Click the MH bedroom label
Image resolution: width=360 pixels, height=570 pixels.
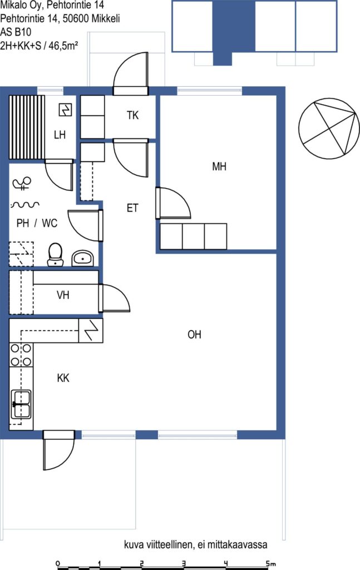[219, 166]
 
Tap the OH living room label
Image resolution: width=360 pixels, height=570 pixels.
[194, 335]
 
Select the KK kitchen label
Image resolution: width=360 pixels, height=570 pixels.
[63, 378]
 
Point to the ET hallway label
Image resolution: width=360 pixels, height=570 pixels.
[132, 208]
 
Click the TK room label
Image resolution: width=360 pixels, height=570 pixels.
[133, 115]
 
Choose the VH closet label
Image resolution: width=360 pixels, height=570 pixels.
[63, 294]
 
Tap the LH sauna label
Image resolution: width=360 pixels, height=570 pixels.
[60, 135]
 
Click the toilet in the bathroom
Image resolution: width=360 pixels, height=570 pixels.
[55, 254]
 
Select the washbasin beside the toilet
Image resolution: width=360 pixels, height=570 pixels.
[83, 258]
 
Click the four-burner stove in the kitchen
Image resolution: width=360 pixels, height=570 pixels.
[21, 355]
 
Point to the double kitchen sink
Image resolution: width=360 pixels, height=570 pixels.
[22, 404]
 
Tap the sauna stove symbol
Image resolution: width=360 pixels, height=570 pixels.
[66, 110]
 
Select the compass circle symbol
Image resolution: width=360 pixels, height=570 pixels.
[329, 129]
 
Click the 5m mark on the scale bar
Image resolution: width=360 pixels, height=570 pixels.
[270, 563]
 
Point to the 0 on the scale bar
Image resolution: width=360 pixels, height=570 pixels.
[58, 563]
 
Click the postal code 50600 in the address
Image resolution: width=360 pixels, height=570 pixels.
[76, 18]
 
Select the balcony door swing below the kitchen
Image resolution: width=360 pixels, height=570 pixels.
[58, 451]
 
